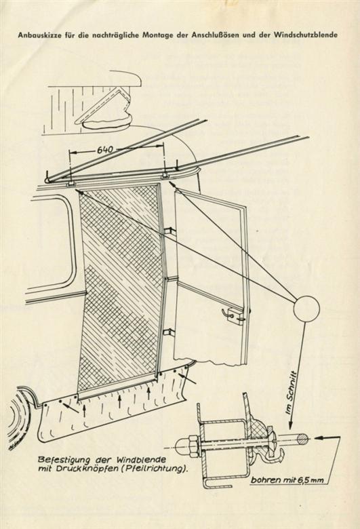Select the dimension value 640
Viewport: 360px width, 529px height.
tap(105, 150)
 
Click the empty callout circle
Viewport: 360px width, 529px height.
tap(306, 308)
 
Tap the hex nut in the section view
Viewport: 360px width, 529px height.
tap(191, 448)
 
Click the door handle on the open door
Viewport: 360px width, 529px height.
tap(235, 314)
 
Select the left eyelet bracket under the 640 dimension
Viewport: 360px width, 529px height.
tap(71, 184)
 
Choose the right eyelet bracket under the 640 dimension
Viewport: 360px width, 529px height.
tap(164, 176)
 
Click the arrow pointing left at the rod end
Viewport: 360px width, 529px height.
tap(327, 438)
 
